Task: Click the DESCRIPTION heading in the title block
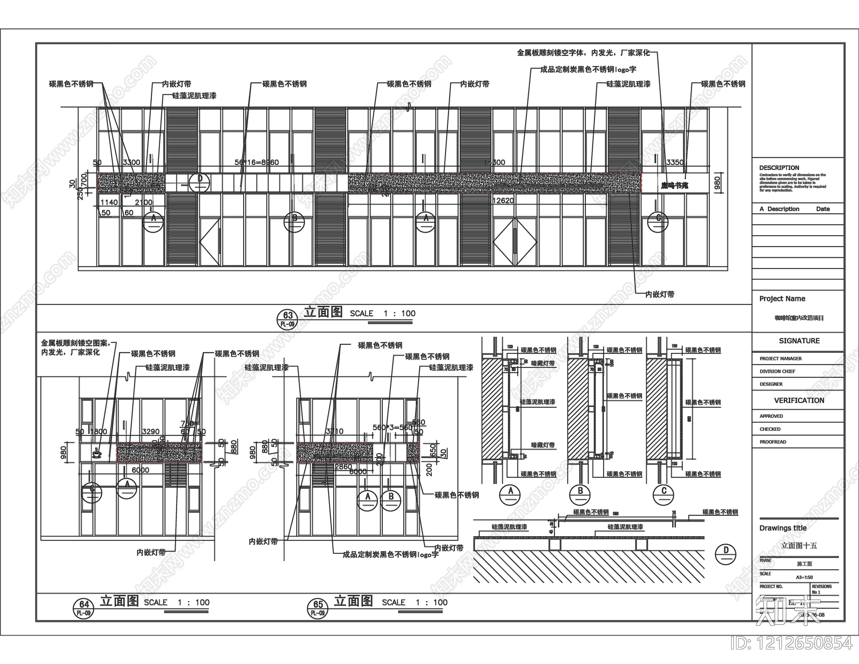click(x=779, y=168)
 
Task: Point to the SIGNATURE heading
click(x=799, y=341)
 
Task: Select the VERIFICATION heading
click(x=799, y=400)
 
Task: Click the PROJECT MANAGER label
click(x=781, y=358)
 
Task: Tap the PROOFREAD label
click(x=773, y=442)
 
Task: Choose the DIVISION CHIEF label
click(x=777, y=371)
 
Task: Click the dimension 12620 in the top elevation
click(x=503, y=200)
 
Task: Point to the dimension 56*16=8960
click(x=257, y=162)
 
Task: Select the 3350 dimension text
click(x=675, y=162)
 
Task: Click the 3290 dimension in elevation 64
click(x=151, y=431)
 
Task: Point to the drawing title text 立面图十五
click(x=798, y=545)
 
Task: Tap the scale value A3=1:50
click(x=804, y=577)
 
